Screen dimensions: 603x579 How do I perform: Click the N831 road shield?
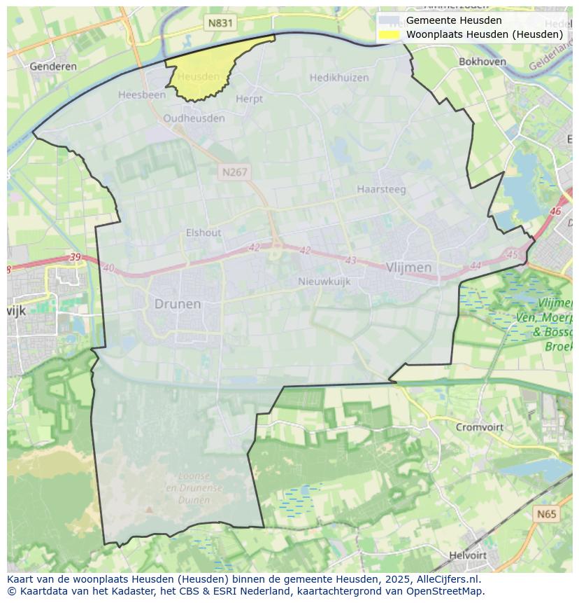(x=220, y=23)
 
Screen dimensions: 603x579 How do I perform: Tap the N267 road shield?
(x=234, y=172)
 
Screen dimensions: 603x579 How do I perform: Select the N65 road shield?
(x=547, y=514)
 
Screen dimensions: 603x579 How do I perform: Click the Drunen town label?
(x=178, y=304)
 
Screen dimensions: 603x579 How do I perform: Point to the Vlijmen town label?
(x=408, y=268)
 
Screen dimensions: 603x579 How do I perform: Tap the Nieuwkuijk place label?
(x=324, y=282)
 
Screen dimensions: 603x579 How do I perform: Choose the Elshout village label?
(x=203, y=233)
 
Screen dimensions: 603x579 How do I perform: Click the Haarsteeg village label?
(x=381, y=189)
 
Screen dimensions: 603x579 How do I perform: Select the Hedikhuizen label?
(x=339, y=78)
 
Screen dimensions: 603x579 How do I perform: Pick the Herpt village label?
(x=249, y=99)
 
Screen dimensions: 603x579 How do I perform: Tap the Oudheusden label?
(x=194, y=118)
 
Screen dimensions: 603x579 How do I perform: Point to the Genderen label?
(x=53, y=67)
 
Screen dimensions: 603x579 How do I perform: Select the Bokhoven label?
(x=482, y=62)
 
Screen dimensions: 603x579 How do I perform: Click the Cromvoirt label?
(x=480, y=427)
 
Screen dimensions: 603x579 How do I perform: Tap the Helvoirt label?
(x=468, y=555)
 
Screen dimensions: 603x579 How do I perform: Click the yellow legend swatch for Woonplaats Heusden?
(x=389, y=34)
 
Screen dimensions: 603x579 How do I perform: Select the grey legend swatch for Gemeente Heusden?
(x=389, y=20)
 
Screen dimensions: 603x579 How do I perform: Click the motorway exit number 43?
(x=350, y=261)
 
